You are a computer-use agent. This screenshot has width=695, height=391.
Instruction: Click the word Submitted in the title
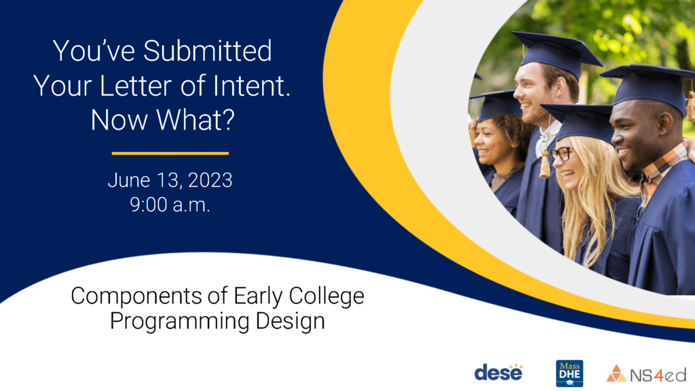(x=208, y=51)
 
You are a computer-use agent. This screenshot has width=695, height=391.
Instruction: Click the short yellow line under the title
(x=170, y=153)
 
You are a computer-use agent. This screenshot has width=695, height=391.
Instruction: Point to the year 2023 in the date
(x=210, y=181)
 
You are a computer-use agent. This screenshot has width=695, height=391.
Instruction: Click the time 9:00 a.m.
(x=170, y=205)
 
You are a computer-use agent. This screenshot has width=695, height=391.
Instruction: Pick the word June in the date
(x=129, y=181)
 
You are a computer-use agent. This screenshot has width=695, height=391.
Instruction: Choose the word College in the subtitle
(x=326, y=296)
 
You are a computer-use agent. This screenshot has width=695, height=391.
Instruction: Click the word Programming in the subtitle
(x=179, y=321)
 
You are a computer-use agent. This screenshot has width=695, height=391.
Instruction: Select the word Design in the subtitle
(x=290, y=321)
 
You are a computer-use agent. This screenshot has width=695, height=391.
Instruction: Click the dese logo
(x=499, y=373)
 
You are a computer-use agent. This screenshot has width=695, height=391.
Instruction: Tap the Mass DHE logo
(x=569, y=373)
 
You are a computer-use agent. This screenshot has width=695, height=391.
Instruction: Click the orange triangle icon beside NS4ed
(x=616, y=374)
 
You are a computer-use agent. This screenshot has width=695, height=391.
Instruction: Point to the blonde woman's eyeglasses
(x=561, y=154)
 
